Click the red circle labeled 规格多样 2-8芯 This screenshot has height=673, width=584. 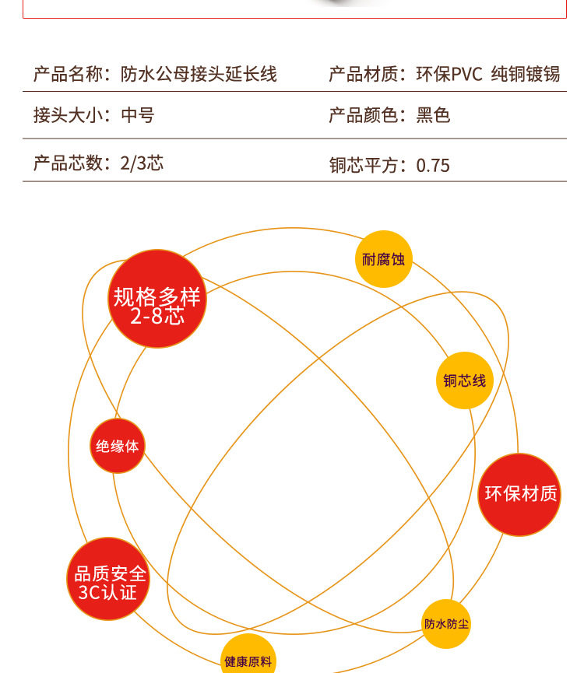point(157,299)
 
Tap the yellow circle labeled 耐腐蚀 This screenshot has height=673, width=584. point(384,259)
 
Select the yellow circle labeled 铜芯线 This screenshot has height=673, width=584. point(464,380)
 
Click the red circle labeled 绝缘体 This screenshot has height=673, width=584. point(118,446)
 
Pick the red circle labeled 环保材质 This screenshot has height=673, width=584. point(519,494)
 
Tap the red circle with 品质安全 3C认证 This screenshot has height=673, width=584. point(110,579)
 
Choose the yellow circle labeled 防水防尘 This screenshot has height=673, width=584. point(447,623)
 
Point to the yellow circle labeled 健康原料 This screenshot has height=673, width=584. point(248,660)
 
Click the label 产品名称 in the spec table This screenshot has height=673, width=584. point(69,75)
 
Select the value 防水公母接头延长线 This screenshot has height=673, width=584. point(199,75)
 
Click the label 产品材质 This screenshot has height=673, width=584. point(364,75)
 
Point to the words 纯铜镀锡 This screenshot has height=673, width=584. point(526,75)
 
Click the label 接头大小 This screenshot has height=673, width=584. point(69,116)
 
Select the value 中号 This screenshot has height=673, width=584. point(138,116)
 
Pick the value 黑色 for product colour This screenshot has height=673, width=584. point(433,116)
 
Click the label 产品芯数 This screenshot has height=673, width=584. point(69,163)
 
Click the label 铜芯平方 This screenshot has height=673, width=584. point(364,165)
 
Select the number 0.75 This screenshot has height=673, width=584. point(433,165)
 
